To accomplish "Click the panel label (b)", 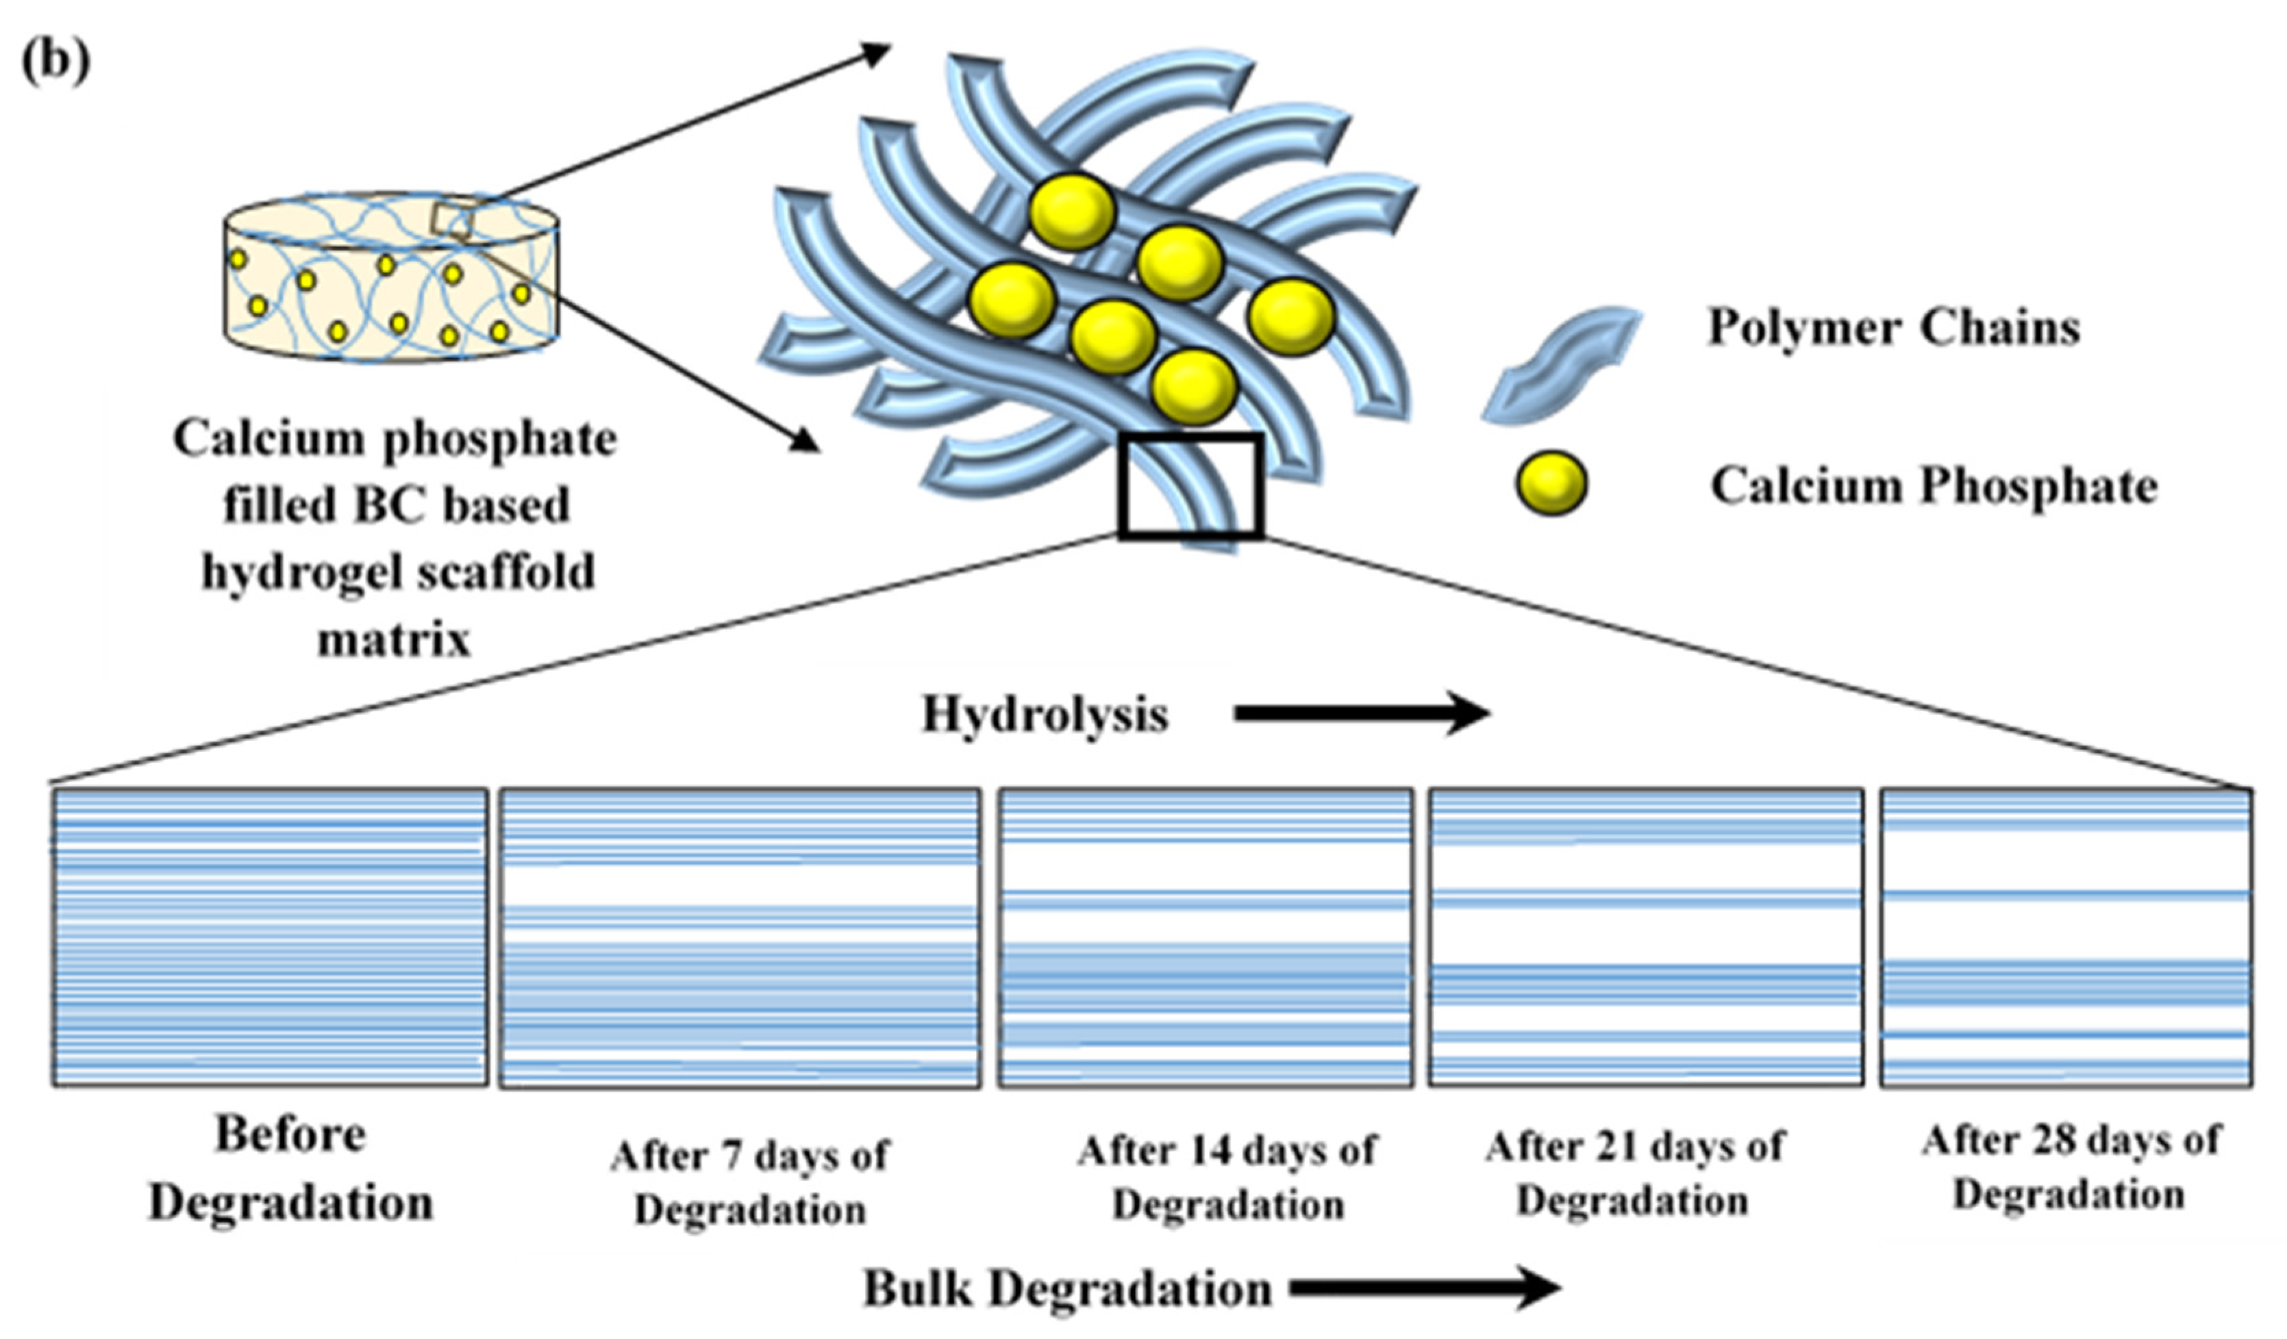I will tap(55, 62).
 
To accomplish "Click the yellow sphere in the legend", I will tap(1550, 483).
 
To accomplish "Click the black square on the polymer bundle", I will tap(1190, 486).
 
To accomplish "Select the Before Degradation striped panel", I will tap(270, 937).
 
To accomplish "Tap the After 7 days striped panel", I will tap(740, 938).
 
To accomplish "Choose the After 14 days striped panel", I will tap(1205, 937).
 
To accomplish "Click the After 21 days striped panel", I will tap(1645, 937).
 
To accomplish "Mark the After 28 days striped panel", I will tap(2064, 937).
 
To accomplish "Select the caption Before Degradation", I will tap(290, 1169).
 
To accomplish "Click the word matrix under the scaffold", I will tap(394, 641).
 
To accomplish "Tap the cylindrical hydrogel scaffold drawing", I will tap(390, 277).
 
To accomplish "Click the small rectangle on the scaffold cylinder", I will tap(451, 220).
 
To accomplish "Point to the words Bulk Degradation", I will tap(1066, 1289).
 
